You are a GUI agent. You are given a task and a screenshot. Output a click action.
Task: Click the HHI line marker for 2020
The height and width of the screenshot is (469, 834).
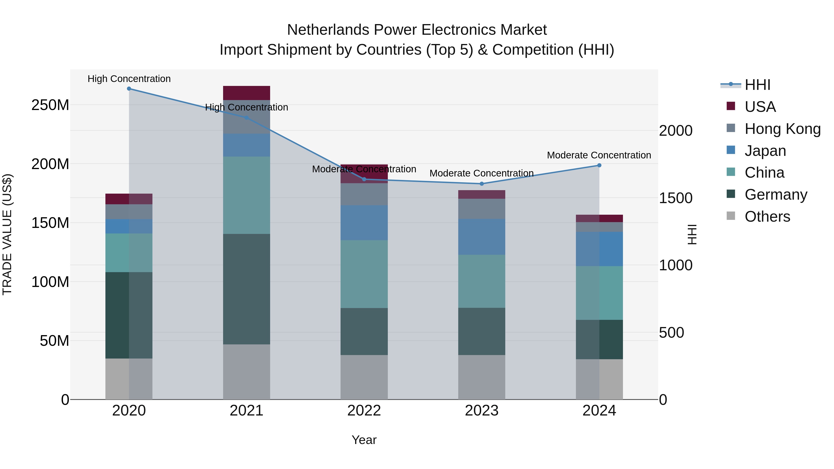point(129,89)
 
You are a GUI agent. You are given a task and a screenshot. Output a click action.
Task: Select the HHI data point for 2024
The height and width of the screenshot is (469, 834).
point(599,165)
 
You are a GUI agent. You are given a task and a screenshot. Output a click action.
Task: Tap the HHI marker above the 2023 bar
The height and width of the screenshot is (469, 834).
point(481,184)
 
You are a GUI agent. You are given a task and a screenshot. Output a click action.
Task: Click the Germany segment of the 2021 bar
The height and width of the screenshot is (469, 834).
point(246,289)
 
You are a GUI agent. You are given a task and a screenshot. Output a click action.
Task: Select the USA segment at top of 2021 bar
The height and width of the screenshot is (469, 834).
point(246,93)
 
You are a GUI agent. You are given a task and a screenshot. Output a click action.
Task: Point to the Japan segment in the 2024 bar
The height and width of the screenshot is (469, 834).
point(599,249)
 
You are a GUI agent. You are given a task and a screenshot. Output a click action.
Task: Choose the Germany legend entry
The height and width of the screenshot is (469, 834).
point(776,195)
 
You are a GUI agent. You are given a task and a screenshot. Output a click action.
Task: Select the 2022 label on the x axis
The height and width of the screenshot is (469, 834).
point(364,411)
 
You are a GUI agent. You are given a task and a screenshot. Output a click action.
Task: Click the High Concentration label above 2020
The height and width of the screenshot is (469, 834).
point(129,79)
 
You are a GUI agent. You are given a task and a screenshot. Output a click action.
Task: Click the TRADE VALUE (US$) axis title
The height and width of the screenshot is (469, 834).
point(7,234)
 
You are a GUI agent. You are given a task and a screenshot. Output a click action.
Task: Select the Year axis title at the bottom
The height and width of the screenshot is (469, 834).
point(364,440)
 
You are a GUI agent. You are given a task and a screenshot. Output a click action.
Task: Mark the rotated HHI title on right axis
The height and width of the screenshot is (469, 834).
point(692,234)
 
